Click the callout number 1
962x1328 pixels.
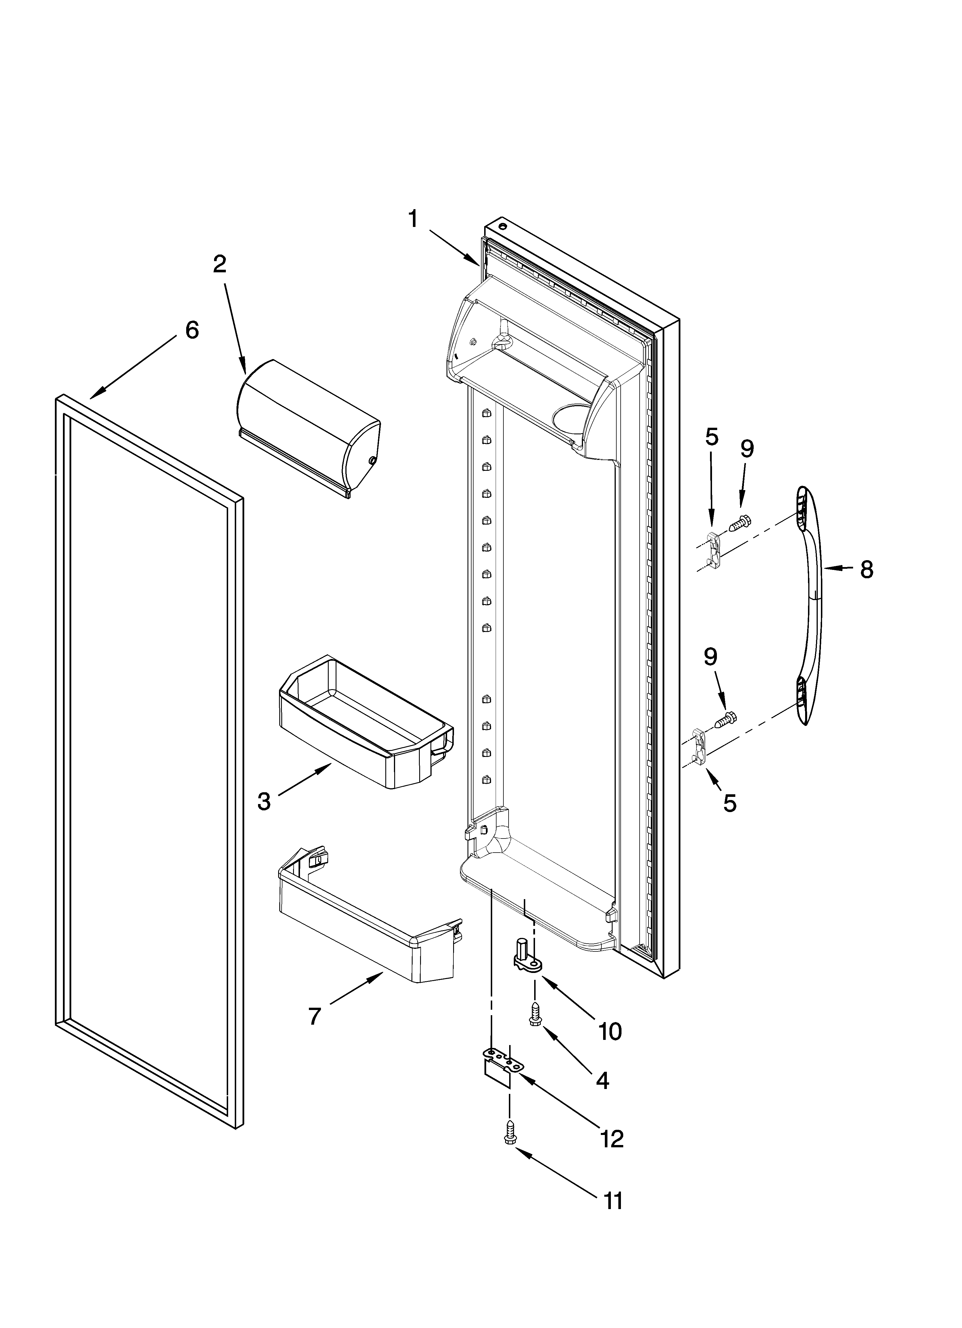point(414,219)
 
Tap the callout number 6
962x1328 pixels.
point(192,330)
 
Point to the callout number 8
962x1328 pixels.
point(867,568)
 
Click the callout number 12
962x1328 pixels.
point(612,1139)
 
